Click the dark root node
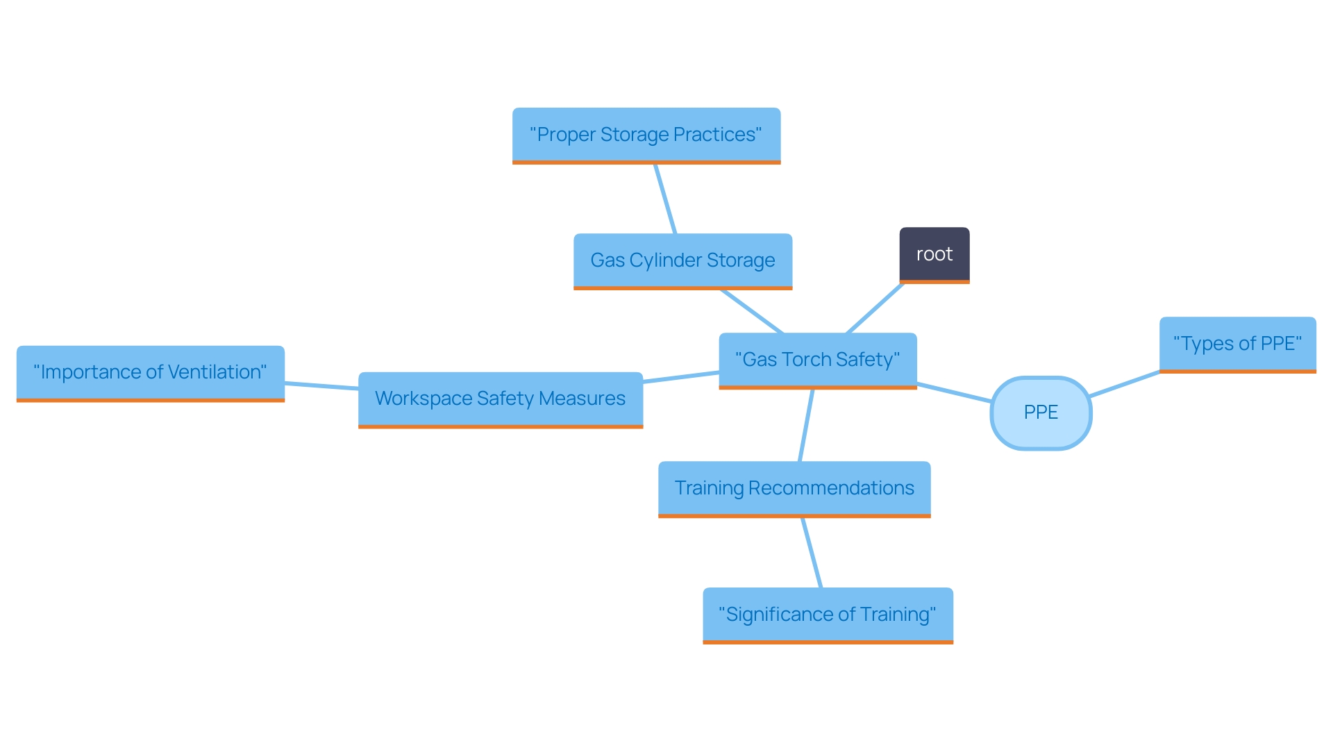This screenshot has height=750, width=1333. tap(934, 254)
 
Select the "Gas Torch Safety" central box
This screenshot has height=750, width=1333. tap(817, 360)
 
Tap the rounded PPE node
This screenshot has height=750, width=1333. tap(1041, 412)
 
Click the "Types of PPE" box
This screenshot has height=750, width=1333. tap(1237, 344)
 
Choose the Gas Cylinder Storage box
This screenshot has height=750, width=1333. tap(682, 260)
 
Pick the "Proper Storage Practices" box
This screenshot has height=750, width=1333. tap(646, 135)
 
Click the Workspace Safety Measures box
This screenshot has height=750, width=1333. tap(500, 399)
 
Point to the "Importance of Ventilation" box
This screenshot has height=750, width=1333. tap(150, 372)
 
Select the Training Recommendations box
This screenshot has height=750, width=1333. tap(794, 488)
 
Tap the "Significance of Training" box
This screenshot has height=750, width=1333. tap(828, 615)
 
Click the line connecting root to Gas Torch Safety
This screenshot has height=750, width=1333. tap(875, 308)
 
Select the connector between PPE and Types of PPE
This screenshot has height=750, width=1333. tap(1125, 384)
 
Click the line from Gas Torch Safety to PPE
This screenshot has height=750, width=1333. tap(954, 392)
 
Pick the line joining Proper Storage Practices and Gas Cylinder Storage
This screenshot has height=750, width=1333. tap(665, 199)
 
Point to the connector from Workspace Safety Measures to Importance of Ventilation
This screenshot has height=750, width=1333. tap(321, 385)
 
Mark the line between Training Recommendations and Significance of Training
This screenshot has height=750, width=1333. tap(812, 553)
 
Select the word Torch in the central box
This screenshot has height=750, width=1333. tap(805, 360)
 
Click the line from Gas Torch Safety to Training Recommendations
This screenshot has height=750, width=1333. tap(806, 425)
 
